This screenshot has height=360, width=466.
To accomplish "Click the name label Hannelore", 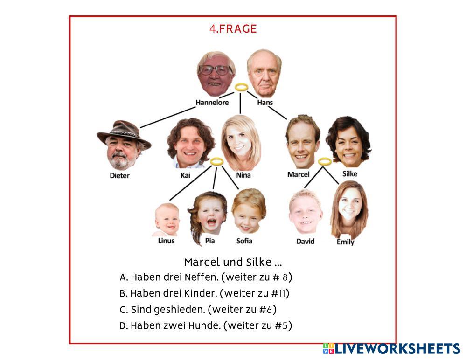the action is tap(212, 103).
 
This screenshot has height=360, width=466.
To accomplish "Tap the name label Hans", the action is tap(265, 103).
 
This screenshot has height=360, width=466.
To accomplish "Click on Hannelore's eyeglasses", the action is tap(215, 70).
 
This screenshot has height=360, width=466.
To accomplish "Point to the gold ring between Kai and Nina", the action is tap(217, 161).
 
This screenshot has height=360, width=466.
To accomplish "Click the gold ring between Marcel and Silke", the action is tap(325, 161).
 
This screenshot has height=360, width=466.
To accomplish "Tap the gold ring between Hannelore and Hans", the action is tap(241, 87).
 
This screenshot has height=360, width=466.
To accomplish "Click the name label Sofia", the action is tap(244, 241).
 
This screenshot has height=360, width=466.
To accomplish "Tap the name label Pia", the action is tap(210, 241).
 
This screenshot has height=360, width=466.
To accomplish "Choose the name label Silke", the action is tap(350, 173).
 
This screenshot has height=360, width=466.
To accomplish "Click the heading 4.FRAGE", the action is tap(233, 29).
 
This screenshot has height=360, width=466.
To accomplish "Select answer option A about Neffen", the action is tap(206, 277).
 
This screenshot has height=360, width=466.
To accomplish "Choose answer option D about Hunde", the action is tap(206, 325).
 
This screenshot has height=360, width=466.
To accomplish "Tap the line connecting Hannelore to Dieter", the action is tap(168, 117).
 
